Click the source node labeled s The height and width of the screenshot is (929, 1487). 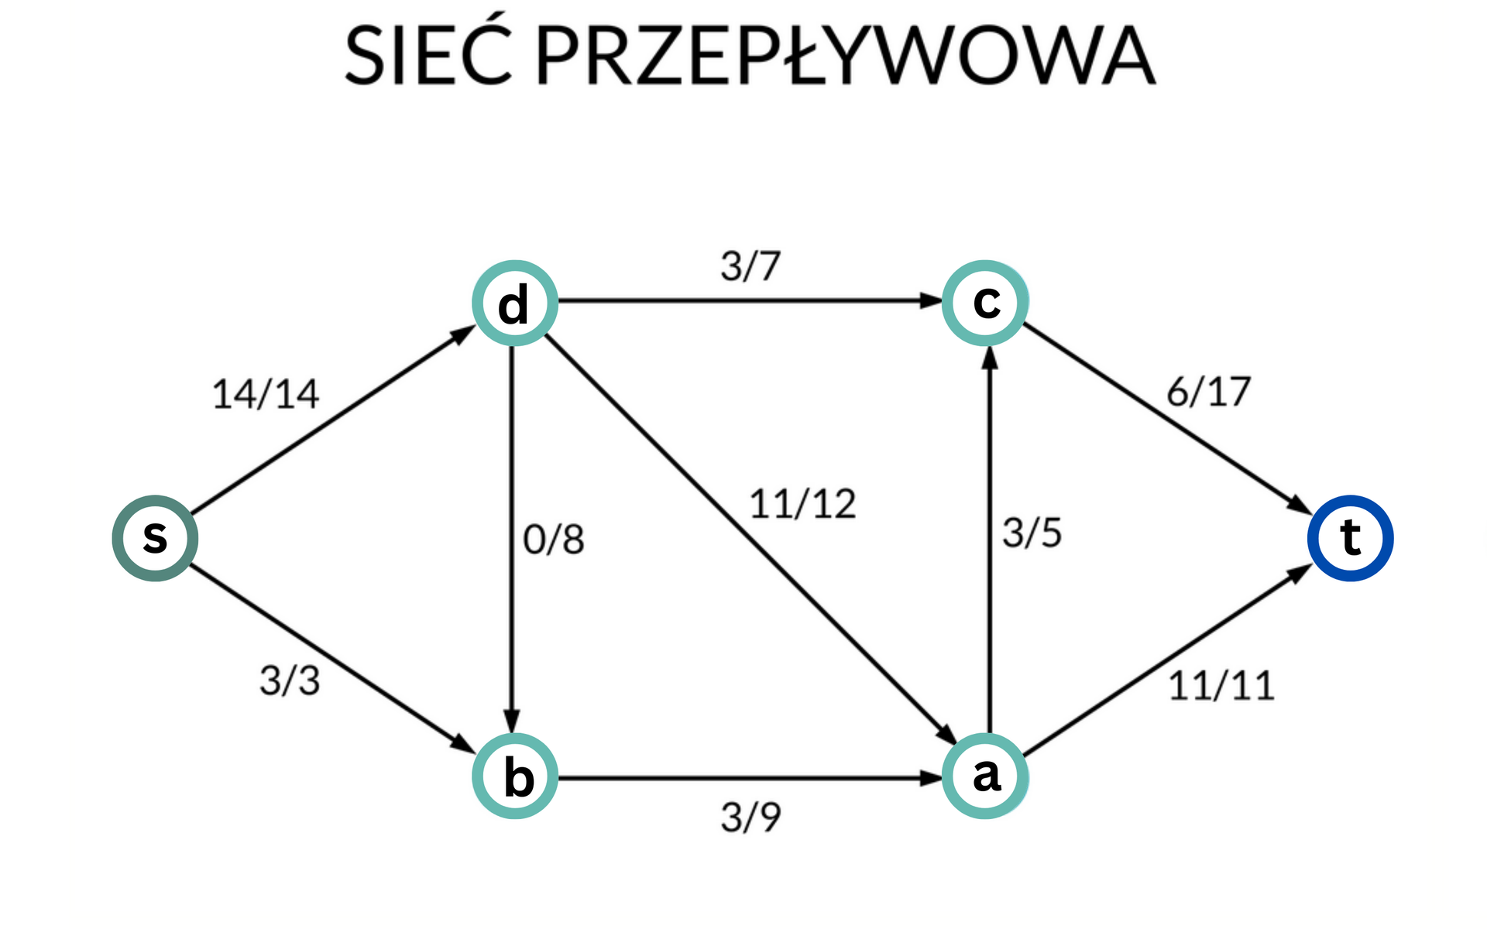(155, 538)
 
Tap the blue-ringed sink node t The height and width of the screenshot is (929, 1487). (1350, 538)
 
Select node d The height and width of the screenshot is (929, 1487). (515, 303)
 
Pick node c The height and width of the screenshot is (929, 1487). (985, 303)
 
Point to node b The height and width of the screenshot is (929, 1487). (515, 776)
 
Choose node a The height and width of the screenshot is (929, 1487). (985, 776)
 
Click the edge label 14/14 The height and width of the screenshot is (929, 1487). (266, 394)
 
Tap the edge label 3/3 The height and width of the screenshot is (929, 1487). (290, 681)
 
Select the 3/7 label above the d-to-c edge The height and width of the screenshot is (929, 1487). (750, 266)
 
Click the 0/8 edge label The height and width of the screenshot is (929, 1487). (553, 540)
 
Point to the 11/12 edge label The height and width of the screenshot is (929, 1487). (802, 505)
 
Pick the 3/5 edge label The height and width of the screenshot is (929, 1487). (1032, 533)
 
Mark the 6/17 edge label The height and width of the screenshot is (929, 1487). (1208, 392)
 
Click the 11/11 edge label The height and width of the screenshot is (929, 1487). (1221, 686)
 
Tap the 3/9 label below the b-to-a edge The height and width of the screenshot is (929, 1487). (750, 818)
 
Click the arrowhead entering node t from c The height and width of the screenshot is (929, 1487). (1300, 505)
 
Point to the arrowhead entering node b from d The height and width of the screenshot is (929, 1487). (511, 721)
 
